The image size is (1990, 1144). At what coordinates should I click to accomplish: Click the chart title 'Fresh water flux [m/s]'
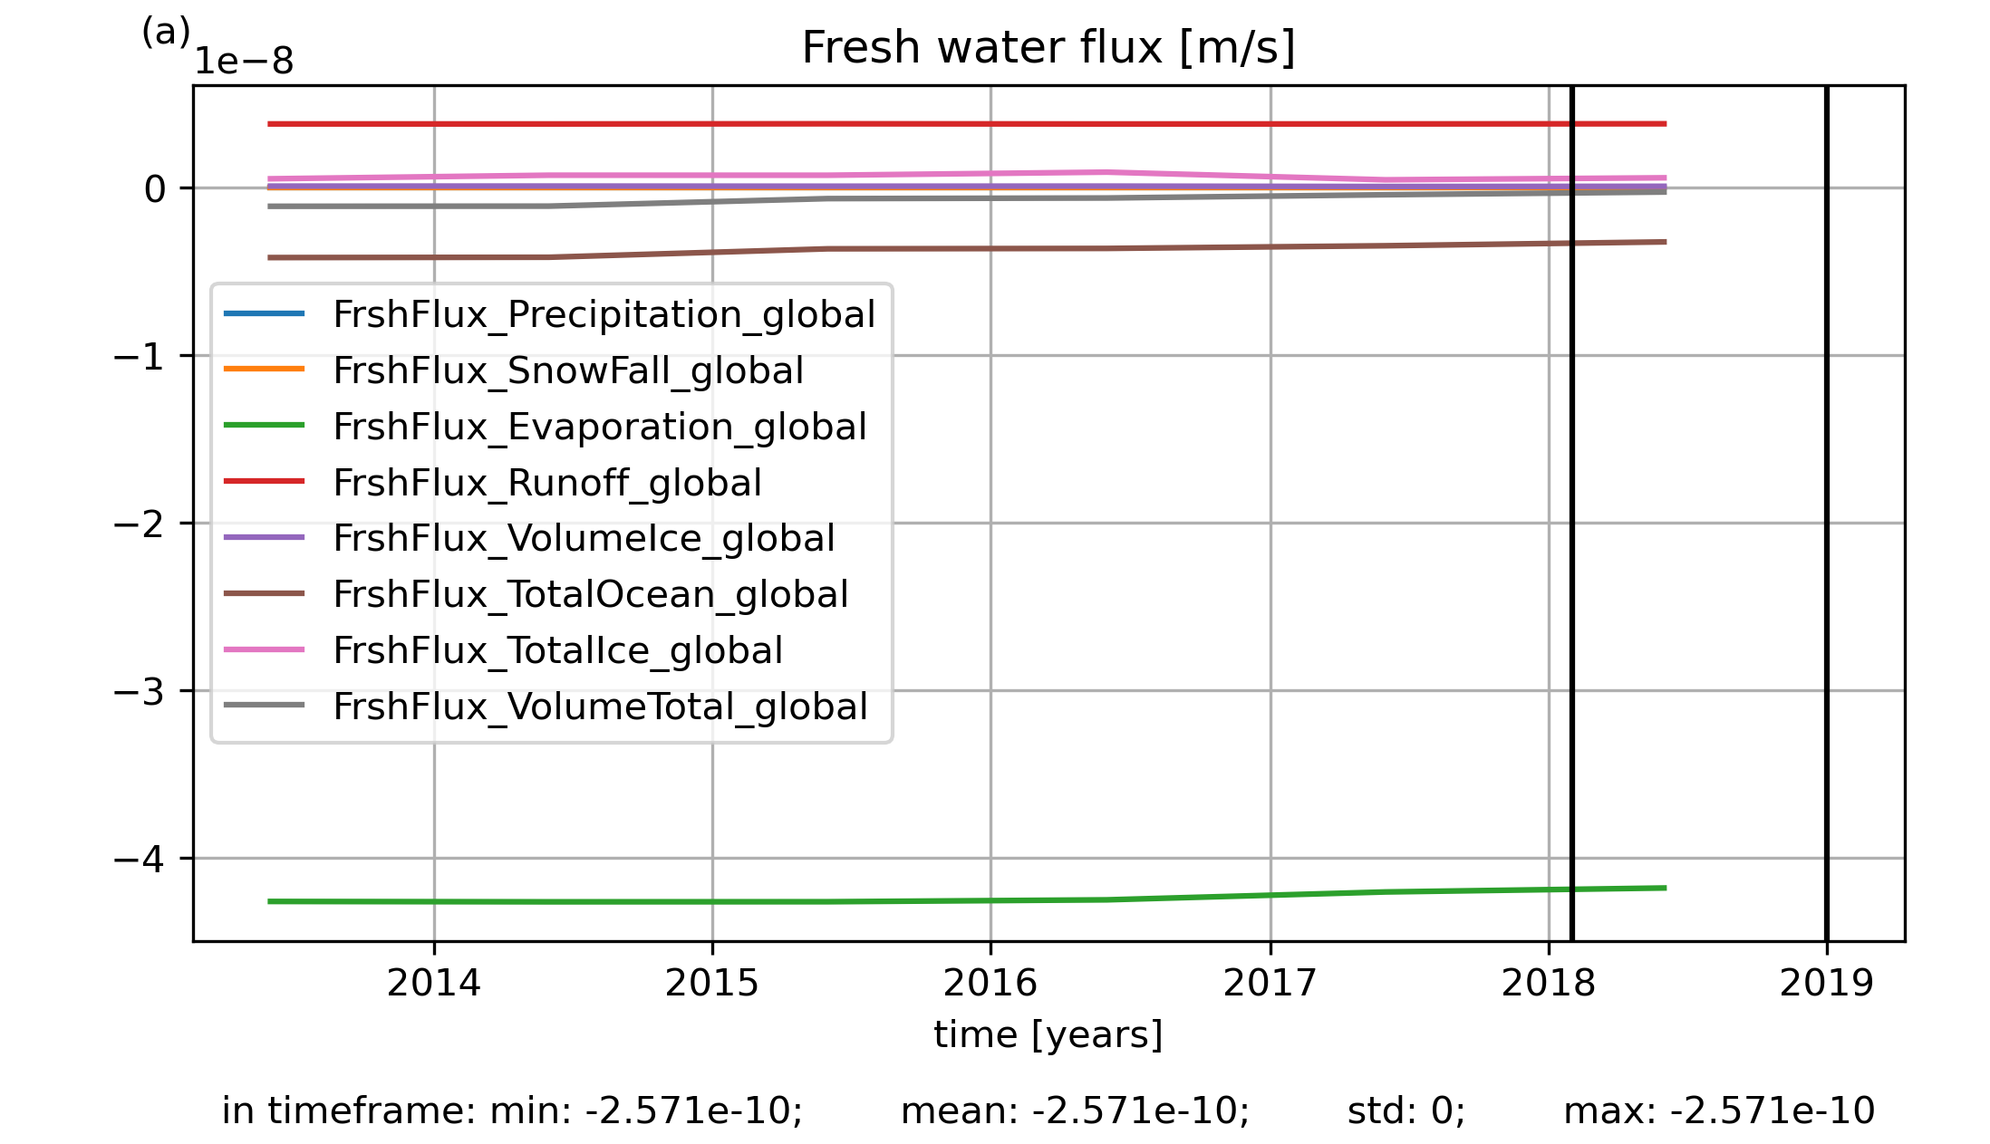tap(1048, 48)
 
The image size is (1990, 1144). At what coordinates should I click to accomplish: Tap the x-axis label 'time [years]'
tap(1048, 1035)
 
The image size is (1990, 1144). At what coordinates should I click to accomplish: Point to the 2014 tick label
tap(434, 984)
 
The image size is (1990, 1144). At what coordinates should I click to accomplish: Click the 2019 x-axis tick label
tap(1826, 984)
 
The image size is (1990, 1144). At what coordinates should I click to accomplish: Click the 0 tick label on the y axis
tap(155, 189)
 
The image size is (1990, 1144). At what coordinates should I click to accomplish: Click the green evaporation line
tap(967, 900)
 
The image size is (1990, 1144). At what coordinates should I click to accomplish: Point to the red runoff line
tap(967, 124)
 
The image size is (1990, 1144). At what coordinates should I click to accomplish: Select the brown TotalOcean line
tap(967, 248)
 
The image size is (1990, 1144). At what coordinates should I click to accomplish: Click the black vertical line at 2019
tap(1826, 514)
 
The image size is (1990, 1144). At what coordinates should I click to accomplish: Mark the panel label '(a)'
tap(166, 33)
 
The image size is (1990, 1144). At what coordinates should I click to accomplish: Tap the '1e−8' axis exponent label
tap(244, 62)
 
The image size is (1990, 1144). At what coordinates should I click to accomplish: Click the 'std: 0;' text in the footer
tap(1406, 1110)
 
